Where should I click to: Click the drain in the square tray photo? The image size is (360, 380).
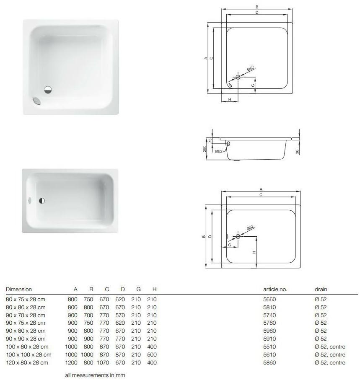click(48, 89)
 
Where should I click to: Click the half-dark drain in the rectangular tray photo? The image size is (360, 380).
click(42, 201)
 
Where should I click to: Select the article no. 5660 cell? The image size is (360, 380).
click(269, 299)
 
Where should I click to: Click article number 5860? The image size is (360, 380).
click(269, 362)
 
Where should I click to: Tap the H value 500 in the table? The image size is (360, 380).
click(152, 354)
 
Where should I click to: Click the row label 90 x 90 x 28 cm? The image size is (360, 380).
click(26, 339)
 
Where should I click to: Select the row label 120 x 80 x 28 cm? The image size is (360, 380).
click(27, 362)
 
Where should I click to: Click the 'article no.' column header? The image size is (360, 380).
click(275, 289)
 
